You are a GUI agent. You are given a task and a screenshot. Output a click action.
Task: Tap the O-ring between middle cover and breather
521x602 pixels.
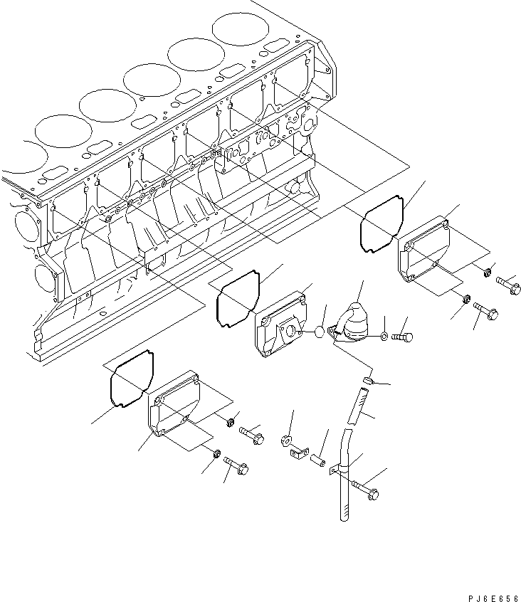pos(320,332)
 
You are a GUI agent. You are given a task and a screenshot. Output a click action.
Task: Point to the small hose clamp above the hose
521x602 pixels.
pos(369,382)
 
